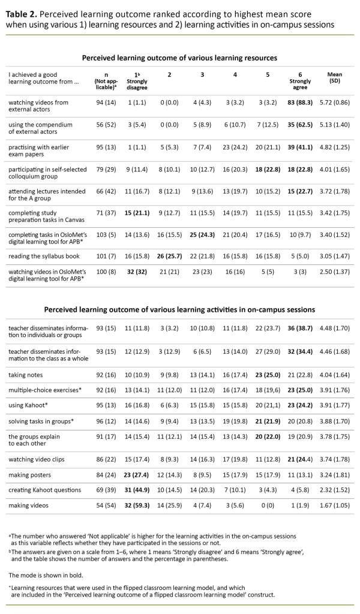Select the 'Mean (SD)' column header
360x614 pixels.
click(335, 78)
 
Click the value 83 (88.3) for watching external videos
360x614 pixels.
click(299, 103)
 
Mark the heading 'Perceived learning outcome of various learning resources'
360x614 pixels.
click(179, 58)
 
